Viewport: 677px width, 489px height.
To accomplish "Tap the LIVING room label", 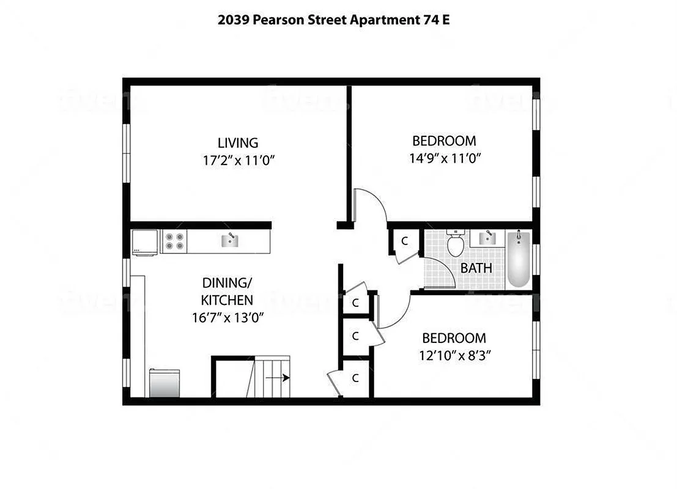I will tap(238, 143).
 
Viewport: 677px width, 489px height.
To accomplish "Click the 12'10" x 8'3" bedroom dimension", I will tap(454, 356).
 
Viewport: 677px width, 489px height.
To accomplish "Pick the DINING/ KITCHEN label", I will tap(228, 291).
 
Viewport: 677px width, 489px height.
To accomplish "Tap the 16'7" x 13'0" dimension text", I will tap(228, 318).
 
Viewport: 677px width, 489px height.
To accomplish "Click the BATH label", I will tap(476, 268).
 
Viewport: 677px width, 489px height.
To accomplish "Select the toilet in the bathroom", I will tap(455, 243).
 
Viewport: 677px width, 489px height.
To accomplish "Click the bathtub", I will tap(519, 259).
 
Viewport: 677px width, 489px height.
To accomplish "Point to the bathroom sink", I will tap(487, 237).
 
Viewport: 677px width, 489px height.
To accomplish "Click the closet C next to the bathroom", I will tap(404, 241).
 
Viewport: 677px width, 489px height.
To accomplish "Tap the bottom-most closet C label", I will tap(355, 378).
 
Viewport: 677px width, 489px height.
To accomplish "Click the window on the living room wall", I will tap(127, 155).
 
